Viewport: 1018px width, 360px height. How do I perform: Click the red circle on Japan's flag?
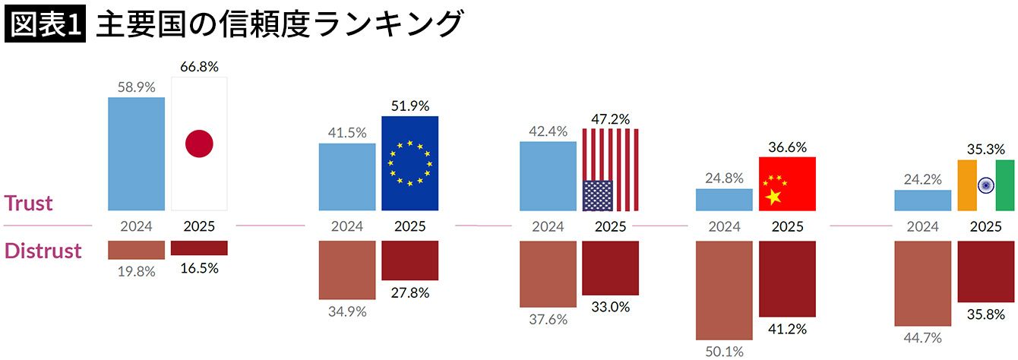(x=199, y=144)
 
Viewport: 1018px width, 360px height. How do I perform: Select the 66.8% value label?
(x=199, y=66)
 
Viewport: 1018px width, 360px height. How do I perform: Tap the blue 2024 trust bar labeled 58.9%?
(x=137, y=153)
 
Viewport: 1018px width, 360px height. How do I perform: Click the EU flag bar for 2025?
(x=410, y=163)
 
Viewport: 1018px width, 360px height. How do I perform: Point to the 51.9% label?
(x=410, y=106)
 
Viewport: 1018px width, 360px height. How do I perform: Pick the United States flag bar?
(x=611, y=169)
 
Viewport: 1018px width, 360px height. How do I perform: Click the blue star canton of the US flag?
(x=597, y=195)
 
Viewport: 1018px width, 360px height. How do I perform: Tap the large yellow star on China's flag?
(x=774, y=197)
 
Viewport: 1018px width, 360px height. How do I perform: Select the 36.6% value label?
(x=787, y=147)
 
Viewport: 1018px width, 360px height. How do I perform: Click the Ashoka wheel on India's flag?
(x=986, y=185)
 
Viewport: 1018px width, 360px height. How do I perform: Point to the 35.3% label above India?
(x=986, y=148)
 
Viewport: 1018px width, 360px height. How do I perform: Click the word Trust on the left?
(x=29, y=203)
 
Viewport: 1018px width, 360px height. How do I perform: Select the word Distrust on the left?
(x=43, y=251)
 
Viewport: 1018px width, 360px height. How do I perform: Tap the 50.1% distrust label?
(x=724, y=351)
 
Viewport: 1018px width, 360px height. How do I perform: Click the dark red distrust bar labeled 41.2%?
(x=787, y=278)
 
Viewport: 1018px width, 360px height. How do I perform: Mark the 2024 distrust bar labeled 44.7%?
(x=923, y=283)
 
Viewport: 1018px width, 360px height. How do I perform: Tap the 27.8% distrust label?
(x=410, y=292)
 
